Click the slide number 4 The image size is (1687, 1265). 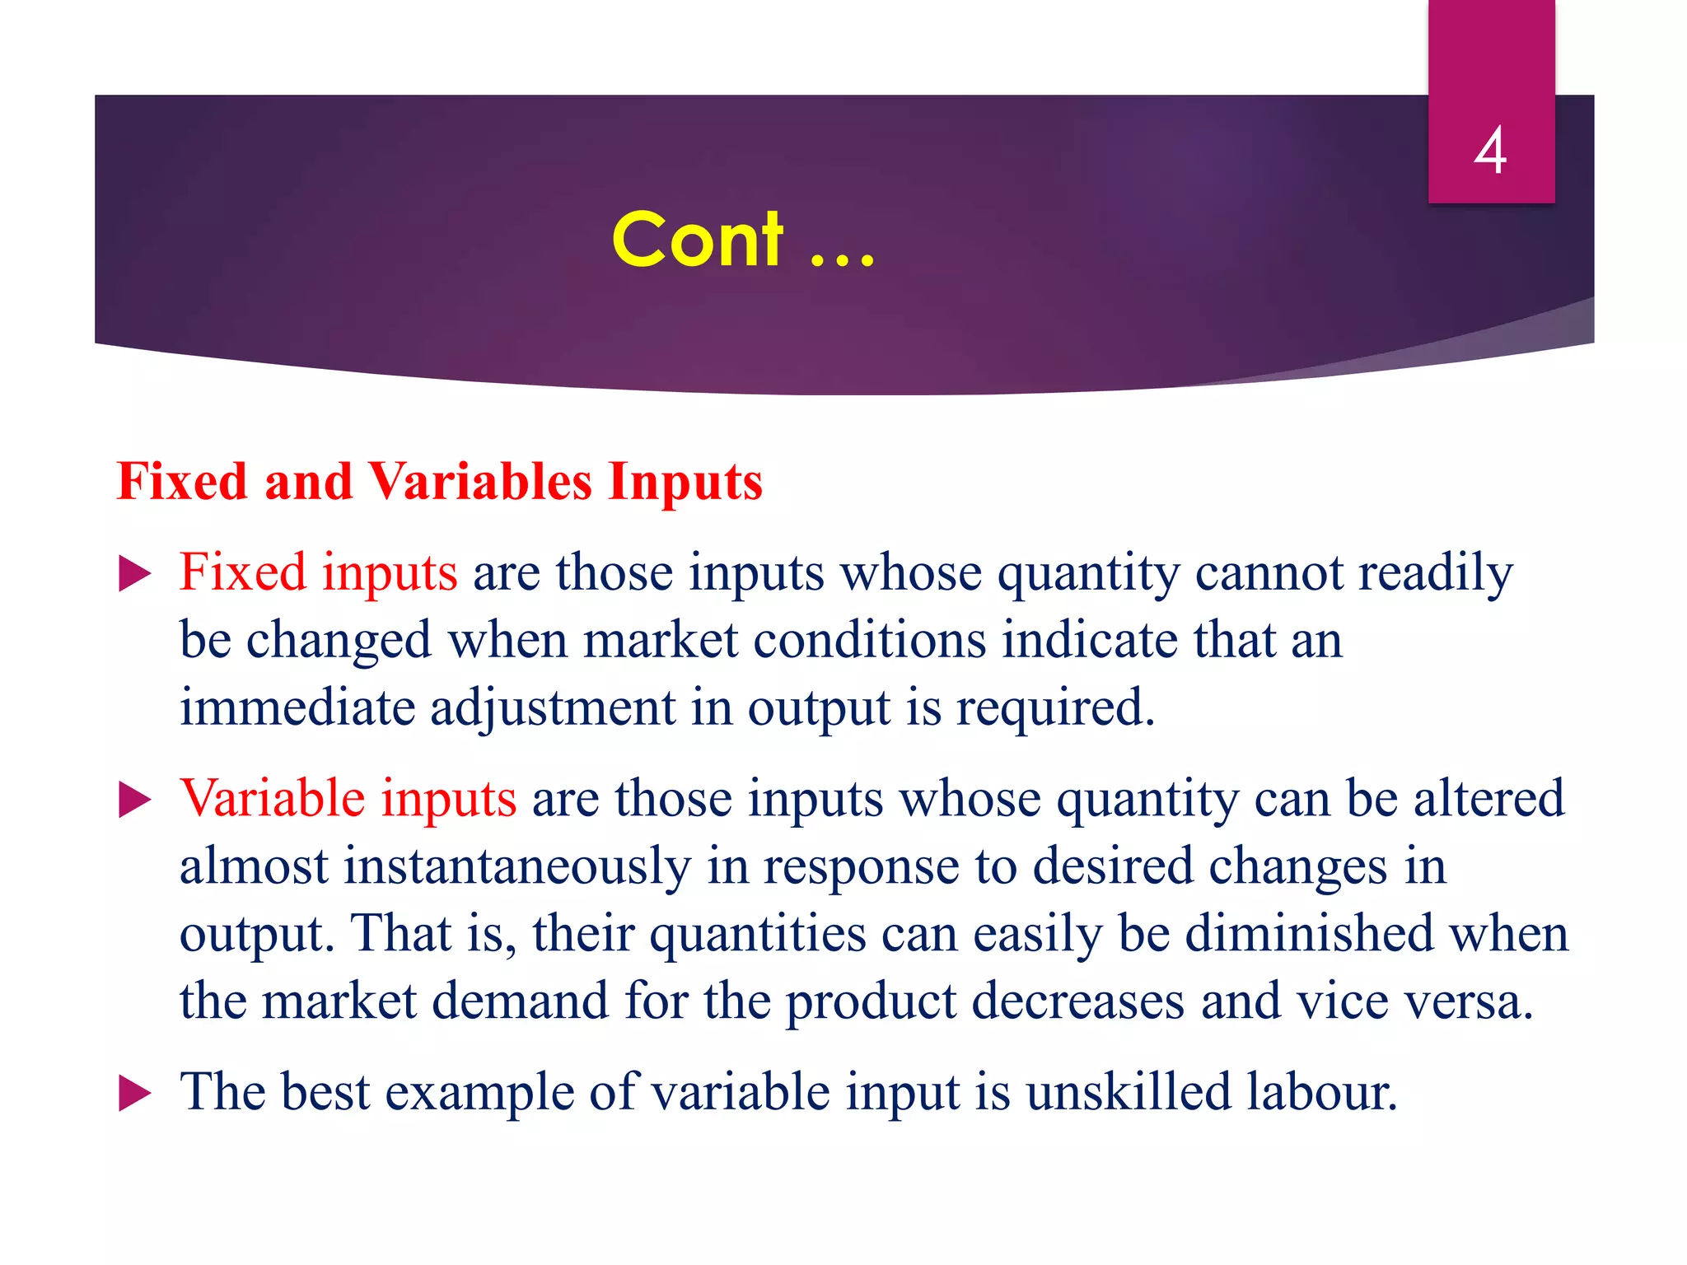click(1491, 150)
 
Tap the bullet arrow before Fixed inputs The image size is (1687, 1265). click(134, 574)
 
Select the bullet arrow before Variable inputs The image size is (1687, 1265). click(134, 800)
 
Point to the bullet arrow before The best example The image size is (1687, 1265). click(134, 1094)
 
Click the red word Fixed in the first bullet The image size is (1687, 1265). click(242, 572)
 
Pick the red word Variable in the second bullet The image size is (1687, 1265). click(272, 798)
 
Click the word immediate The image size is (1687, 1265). click(297, 707)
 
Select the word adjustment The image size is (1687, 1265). click(552, 707)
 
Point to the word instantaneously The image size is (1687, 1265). click(516, 866)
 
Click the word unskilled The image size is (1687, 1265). click(1128, 1092)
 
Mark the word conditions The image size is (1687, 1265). click(869, 640)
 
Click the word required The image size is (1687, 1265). click(1055, 707)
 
